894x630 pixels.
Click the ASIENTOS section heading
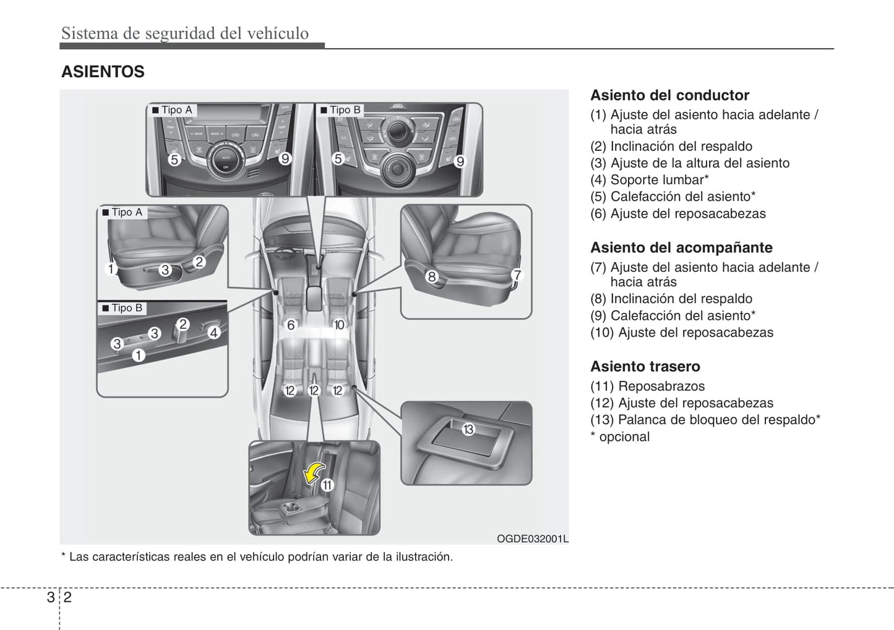[x=103, y=72]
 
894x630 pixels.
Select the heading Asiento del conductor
[x=669, y=95]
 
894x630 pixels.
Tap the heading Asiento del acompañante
[x=681, y=247]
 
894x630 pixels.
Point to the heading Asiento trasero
[x=645, y=366]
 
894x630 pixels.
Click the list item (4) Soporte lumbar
[x=649, y=180]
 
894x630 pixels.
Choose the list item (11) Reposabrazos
[x=647, y=386]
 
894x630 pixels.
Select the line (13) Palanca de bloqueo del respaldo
[x=705, y=420]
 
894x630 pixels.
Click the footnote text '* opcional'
[x=620, y=436]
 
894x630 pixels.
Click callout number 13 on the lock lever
[x=468, y=428]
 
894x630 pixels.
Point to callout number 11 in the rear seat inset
[x=327, y=485]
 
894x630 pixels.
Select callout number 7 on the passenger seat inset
[x=517, y=275]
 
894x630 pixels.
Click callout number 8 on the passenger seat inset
[x=432, y=276]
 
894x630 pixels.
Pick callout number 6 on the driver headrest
[x=291, y=325]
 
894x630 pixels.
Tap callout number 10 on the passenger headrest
[x=338, y=325]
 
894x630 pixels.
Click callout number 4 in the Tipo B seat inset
[x=213, y=333]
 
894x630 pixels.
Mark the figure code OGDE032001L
[x=532, y=538]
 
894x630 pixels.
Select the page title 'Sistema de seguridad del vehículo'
[x=185, y=33]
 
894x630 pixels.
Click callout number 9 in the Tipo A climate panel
[x=285, y=159]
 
